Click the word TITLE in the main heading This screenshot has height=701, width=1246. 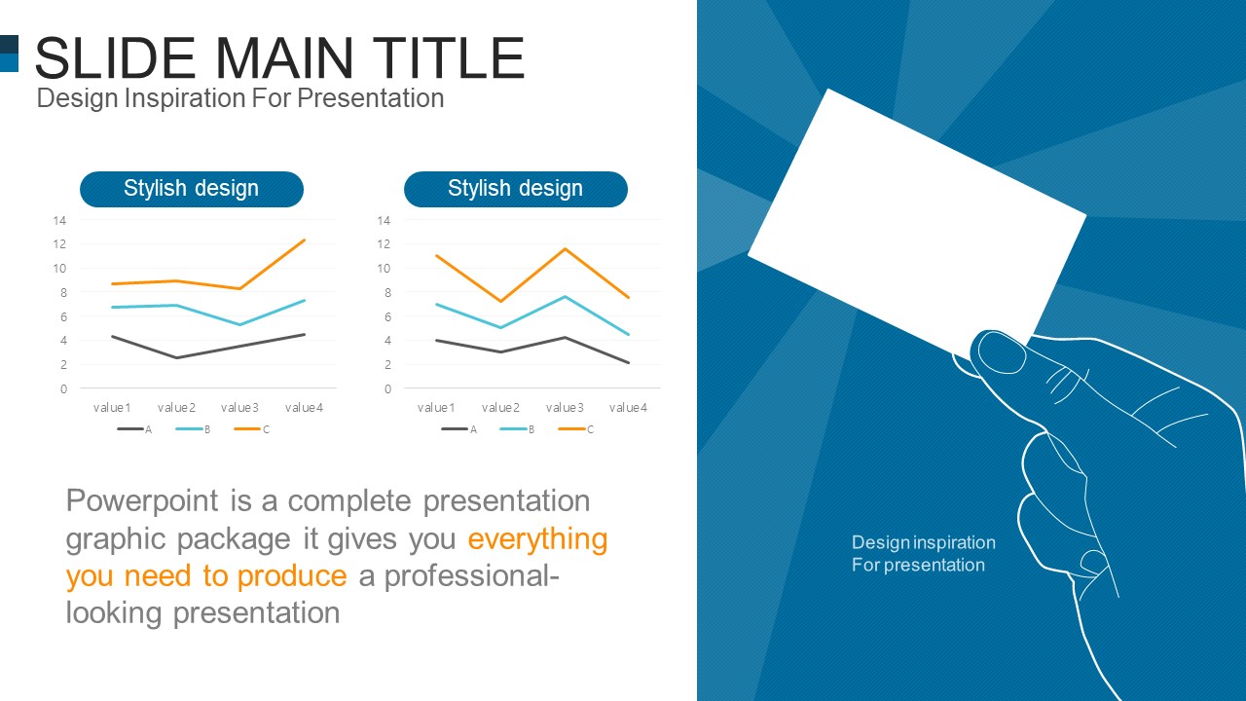448,57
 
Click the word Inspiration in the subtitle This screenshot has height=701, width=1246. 185,98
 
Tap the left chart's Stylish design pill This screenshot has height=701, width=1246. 192,189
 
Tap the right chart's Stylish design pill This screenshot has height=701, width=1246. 516,189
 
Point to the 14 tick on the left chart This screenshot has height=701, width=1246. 59,220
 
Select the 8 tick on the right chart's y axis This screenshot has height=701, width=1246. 387,293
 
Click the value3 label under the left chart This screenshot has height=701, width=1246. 239,408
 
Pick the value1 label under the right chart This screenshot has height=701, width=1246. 436,408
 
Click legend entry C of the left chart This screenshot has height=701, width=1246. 252,429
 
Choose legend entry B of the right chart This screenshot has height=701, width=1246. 517,429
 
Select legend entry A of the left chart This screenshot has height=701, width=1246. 134,429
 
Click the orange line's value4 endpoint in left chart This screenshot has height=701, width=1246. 305,240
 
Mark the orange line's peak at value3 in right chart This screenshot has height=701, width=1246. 565,248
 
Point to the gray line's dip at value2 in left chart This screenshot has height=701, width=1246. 176,357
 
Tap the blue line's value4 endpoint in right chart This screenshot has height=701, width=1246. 628,334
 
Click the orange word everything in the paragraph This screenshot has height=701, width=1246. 537,539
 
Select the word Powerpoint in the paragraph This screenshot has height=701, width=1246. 142,500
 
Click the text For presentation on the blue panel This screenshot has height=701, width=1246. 918,566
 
